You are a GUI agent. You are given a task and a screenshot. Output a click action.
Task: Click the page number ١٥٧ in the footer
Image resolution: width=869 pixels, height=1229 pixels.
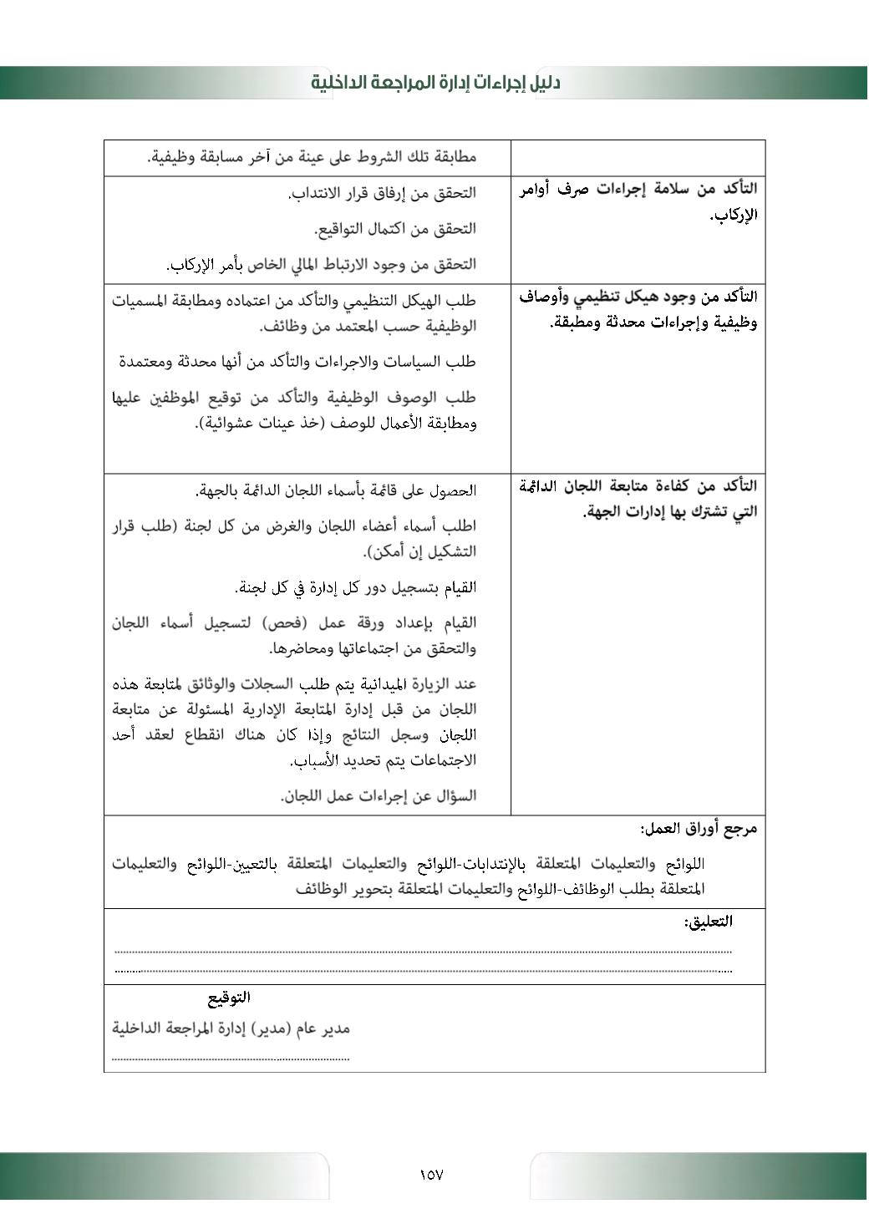(x=431, y=1175)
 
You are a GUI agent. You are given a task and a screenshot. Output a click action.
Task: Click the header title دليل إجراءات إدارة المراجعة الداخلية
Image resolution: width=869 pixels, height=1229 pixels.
(x=435, y=82)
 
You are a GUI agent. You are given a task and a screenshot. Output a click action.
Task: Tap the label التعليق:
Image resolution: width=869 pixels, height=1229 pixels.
(x=708, y=922)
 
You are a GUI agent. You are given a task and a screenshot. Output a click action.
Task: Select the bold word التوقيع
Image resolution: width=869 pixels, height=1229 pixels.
(x=229, y=998)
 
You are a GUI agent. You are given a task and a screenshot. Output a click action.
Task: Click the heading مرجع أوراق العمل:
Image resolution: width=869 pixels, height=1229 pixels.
(x=699, y=829)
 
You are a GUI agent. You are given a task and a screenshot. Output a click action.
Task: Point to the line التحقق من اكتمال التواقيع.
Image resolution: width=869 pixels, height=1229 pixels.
(x=394, y=228)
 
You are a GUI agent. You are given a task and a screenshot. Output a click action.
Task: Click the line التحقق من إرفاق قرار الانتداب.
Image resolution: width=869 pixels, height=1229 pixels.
(x=382, y=193)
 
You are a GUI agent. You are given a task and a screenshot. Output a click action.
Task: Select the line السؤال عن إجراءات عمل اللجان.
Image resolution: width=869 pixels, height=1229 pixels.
(x=379, y=796)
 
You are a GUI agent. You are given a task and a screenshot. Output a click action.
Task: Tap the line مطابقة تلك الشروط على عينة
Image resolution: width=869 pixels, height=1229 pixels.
(x=312, y=157)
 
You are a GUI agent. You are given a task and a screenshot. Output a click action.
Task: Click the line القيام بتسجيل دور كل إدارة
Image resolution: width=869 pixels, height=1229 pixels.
(x=356, y=587)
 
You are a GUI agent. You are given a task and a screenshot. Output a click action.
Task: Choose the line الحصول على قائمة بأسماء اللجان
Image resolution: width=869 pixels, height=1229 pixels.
(x=336, y=490)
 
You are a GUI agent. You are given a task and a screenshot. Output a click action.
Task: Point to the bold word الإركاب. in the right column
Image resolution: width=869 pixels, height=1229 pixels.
(x=734, y=216)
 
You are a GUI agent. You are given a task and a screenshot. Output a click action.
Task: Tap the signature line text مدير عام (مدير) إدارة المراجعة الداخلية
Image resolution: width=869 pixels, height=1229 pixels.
(x=231, y=1028)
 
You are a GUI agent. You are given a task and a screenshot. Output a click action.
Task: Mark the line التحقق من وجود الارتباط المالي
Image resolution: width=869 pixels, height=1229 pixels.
(x=321, y=265)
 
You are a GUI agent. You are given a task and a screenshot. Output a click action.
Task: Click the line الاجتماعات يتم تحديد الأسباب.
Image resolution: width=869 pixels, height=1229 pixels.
(x=383, y=760)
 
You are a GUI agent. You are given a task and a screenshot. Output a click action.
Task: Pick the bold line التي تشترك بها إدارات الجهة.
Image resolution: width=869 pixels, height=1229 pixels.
(x=669, y=511)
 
